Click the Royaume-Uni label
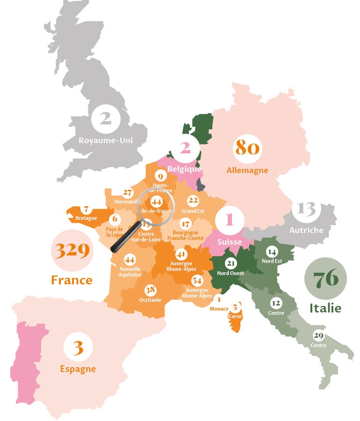coord(106,140)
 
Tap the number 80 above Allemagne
coord(247,148)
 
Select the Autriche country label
coord(306,230)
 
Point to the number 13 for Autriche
coord(306,209)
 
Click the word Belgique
coord(184,169)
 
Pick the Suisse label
coord(229,242)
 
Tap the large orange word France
coord(72,280)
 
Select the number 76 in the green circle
coord(325,279)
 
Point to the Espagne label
coord(78,369)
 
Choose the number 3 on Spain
coord(78,348)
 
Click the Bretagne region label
coord(86,218)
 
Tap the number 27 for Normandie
coord(128,193)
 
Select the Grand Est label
coord(193,211)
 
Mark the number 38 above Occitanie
coord(150,289)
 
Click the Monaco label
coord(219,309)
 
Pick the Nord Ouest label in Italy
coord(230,273)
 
